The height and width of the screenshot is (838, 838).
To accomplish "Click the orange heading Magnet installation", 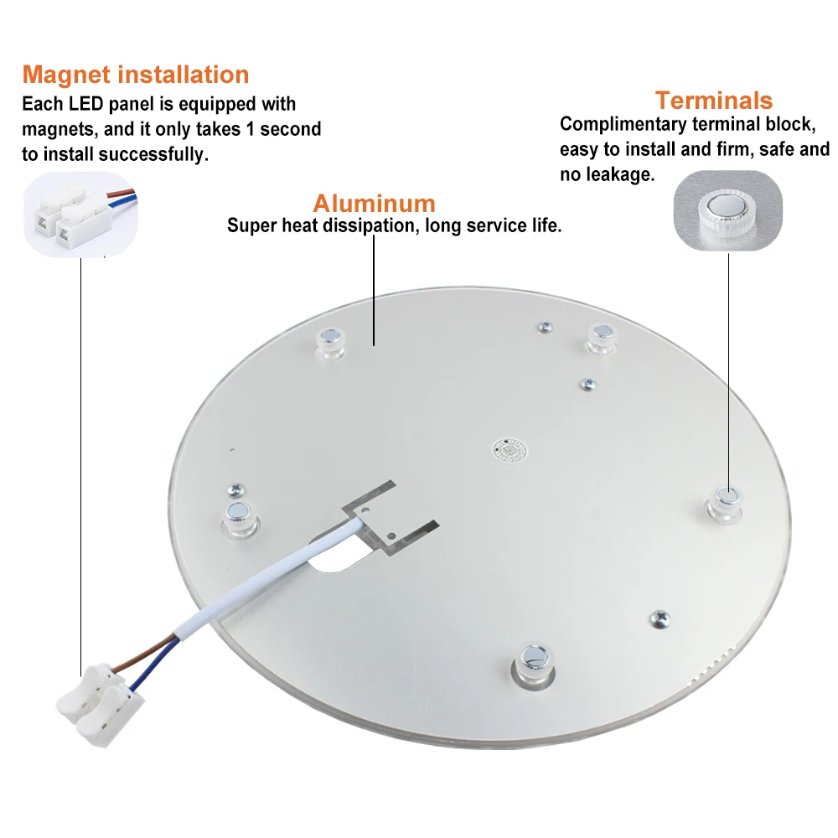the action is click(136, 75).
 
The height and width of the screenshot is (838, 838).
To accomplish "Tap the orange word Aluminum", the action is click(374, 203).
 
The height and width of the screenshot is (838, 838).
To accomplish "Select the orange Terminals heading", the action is click(714, 101).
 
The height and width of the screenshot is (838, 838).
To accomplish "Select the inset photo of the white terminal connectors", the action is click(80, 215).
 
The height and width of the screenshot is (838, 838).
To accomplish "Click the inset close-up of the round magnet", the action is click(728, 210).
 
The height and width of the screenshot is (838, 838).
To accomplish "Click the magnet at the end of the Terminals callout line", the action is click(726, 504).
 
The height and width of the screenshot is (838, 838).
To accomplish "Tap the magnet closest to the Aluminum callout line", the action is click(331, 343).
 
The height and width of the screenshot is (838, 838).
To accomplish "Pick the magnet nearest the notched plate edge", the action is click(533, 666).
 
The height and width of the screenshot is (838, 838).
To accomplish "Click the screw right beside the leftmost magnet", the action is click(236, 489).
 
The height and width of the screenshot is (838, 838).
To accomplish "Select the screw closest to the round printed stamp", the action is click(588, 384).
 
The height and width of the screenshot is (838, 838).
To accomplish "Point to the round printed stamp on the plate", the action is click(510, 451).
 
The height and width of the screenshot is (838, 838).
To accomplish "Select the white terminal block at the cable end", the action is click(100, 704).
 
